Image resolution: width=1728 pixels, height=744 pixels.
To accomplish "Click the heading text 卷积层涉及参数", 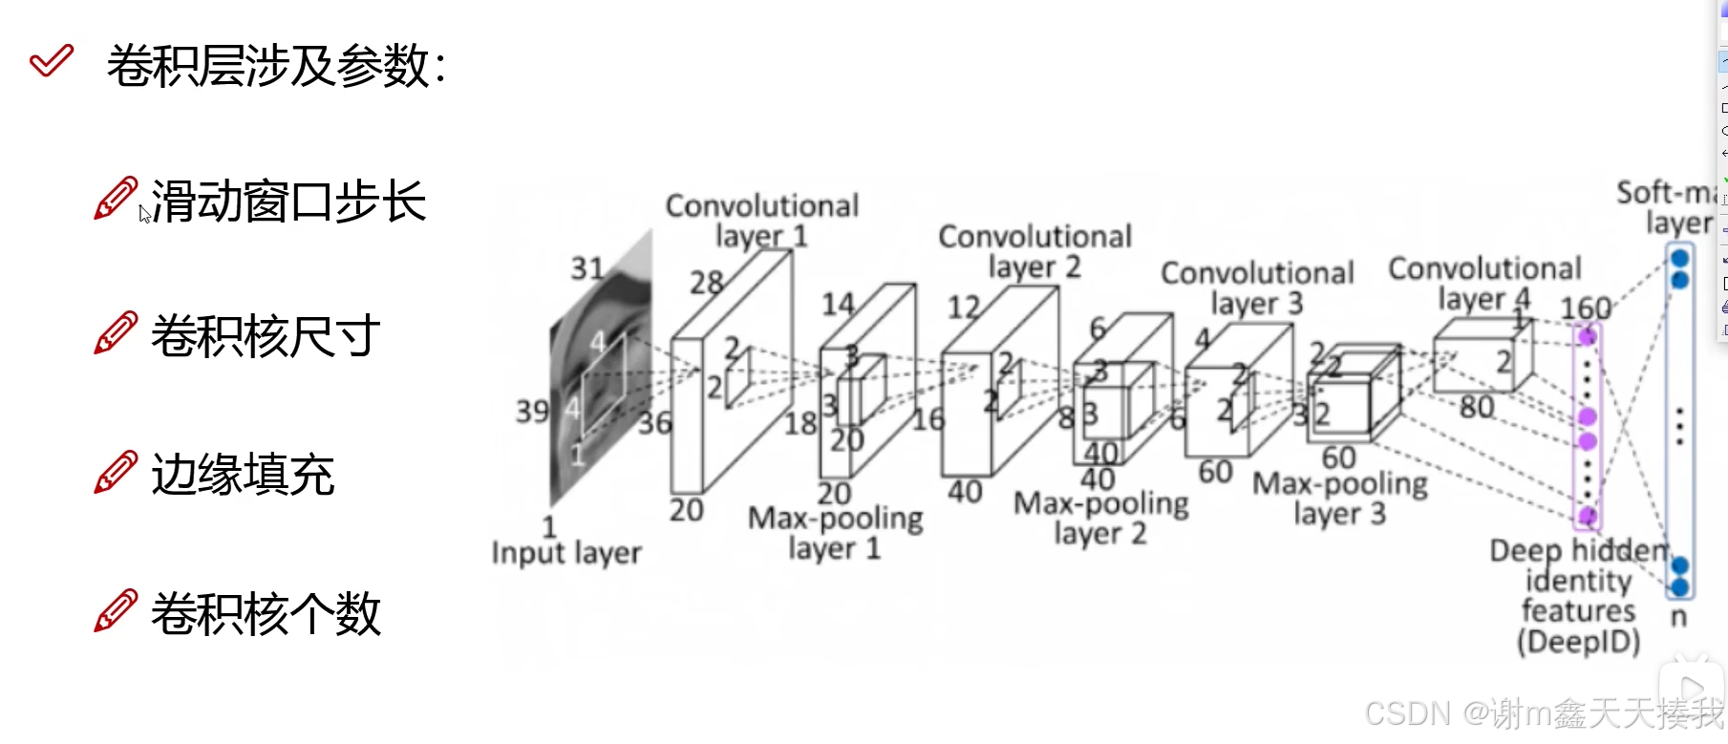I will click(x=275, y=66).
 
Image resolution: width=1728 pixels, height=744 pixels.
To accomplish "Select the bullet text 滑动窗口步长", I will click(x=288, y=202).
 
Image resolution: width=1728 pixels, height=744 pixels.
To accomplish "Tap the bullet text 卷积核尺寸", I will click(x=266, y=336).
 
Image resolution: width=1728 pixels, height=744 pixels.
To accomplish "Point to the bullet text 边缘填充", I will click(x=243, y=475).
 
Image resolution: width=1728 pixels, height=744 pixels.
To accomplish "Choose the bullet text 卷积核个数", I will click(x=266, y=613).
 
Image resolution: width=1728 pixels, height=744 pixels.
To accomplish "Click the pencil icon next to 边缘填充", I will click(x=116, y=473).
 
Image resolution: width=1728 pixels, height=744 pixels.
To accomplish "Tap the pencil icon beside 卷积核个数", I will click(x=116, y=611).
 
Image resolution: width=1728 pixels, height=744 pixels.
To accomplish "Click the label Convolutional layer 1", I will click(x=761, y=220).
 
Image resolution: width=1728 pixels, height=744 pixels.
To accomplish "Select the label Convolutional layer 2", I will click(x=1035, y=250).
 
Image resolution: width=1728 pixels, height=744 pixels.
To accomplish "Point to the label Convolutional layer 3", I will click(x=1257, y=287).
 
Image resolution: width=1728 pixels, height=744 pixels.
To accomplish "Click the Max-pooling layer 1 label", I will click(x=835, y=533).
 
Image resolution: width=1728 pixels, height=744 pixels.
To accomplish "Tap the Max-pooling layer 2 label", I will click(x=1100, y=518).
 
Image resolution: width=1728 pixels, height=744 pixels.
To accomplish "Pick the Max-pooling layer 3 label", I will click(x=1339, y=499).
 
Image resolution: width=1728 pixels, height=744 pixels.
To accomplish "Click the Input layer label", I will click(x=566, y=553).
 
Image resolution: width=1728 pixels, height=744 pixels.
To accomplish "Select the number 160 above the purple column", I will click(x=1586, y=308).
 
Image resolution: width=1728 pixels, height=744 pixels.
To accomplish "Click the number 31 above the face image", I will click(x=587, y=268).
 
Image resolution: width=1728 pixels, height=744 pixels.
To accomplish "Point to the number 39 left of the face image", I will click(x=532, y=412).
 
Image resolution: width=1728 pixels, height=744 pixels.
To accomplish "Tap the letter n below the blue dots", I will click(x=1678, y=618).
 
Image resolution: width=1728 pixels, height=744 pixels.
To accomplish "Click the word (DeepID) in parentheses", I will click(x=1578, y=642).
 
